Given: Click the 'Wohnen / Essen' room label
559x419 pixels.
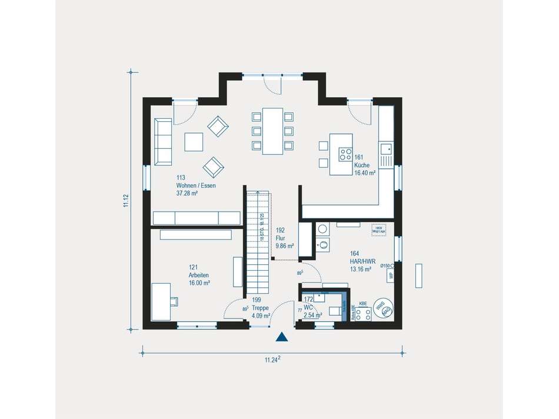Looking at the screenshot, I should tap(196, 185).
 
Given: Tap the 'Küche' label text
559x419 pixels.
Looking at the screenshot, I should tap(361, 165).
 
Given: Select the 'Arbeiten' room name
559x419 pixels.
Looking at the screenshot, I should tap(198, 275).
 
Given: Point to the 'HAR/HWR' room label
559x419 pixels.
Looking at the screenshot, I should tap(362, 262).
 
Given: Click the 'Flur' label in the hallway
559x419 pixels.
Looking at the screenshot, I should tap(280, 239).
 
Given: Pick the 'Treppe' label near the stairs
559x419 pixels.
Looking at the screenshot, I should tap(260, 307).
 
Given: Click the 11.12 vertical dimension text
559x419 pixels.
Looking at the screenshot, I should tap(125, 201).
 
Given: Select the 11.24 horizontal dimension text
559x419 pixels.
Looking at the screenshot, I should tap(271, 360).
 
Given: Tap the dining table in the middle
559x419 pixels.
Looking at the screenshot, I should tap(272, 131).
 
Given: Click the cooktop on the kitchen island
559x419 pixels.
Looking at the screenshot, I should tap(344, 155).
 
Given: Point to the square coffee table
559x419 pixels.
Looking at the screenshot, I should tap(193, 142).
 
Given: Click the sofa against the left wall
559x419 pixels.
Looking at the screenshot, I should tap(163, 142).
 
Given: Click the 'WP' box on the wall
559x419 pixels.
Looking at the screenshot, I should tap(390, 275).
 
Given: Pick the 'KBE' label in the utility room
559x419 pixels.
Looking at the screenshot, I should tap(363, 304).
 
